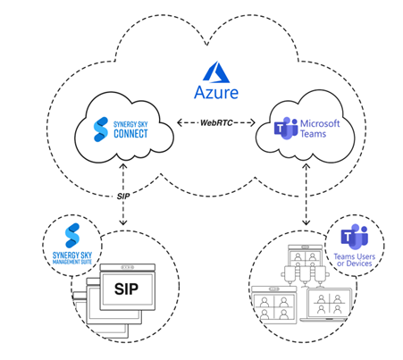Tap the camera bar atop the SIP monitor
tap(133, 268)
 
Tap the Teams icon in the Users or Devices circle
tap(357, 237)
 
